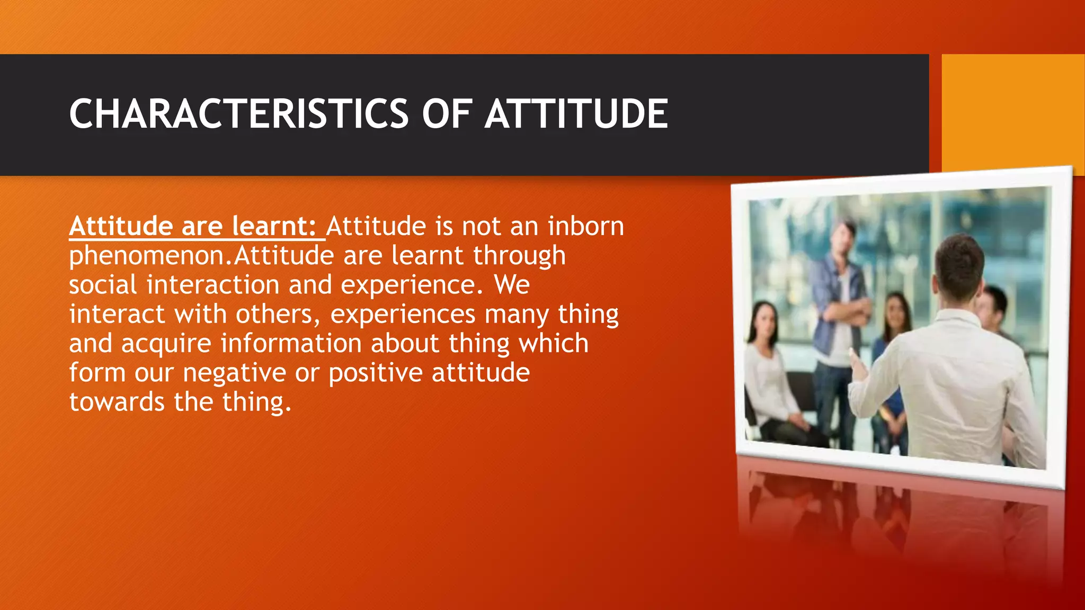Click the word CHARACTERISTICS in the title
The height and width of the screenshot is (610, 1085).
(238, 114)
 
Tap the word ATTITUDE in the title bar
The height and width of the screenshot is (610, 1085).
(576, 114)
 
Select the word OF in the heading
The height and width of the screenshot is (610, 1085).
(446, 114)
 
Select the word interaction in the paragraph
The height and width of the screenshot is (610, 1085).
(212, 285)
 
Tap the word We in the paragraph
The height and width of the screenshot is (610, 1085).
(512, 285)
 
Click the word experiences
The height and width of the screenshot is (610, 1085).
(403, 315)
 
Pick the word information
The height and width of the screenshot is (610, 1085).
(291, 344)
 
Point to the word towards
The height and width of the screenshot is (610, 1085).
(117, 402)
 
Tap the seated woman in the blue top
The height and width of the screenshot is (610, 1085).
(894, 360)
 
